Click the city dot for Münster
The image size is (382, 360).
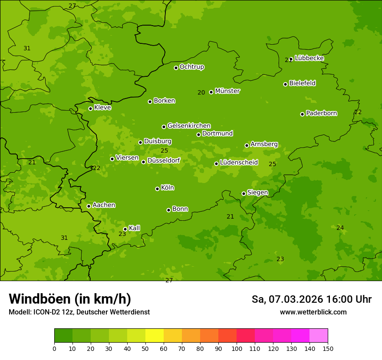[x=211, y=92]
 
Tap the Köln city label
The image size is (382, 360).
[x=168, y=188]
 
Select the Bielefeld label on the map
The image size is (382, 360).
[x=303, y=83]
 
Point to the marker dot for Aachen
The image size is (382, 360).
[x=89, y=206]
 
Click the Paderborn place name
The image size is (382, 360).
[x=322, y=113]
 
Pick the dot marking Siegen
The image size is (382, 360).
[x=244, y=193]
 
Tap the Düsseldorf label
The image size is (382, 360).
[x=164, y=160]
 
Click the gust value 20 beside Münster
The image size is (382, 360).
[x=201, y=92]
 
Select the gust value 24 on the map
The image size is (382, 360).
[x=340, y=228]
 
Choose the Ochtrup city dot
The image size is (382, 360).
[x=176, y=68]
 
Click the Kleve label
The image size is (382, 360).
[x=103, y=108]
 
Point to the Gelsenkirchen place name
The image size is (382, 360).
[x=189, y=126]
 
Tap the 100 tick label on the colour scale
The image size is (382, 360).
[x=237, y=348]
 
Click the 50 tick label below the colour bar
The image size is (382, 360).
[x=145, y=348]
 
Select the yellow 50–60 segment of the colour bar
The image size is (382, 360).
[x=155, y=336]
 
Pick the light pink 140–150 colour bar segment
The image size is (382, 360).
[x=319, y=336]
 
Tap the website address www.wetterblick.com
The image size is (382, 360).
[x=313, y=312]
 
